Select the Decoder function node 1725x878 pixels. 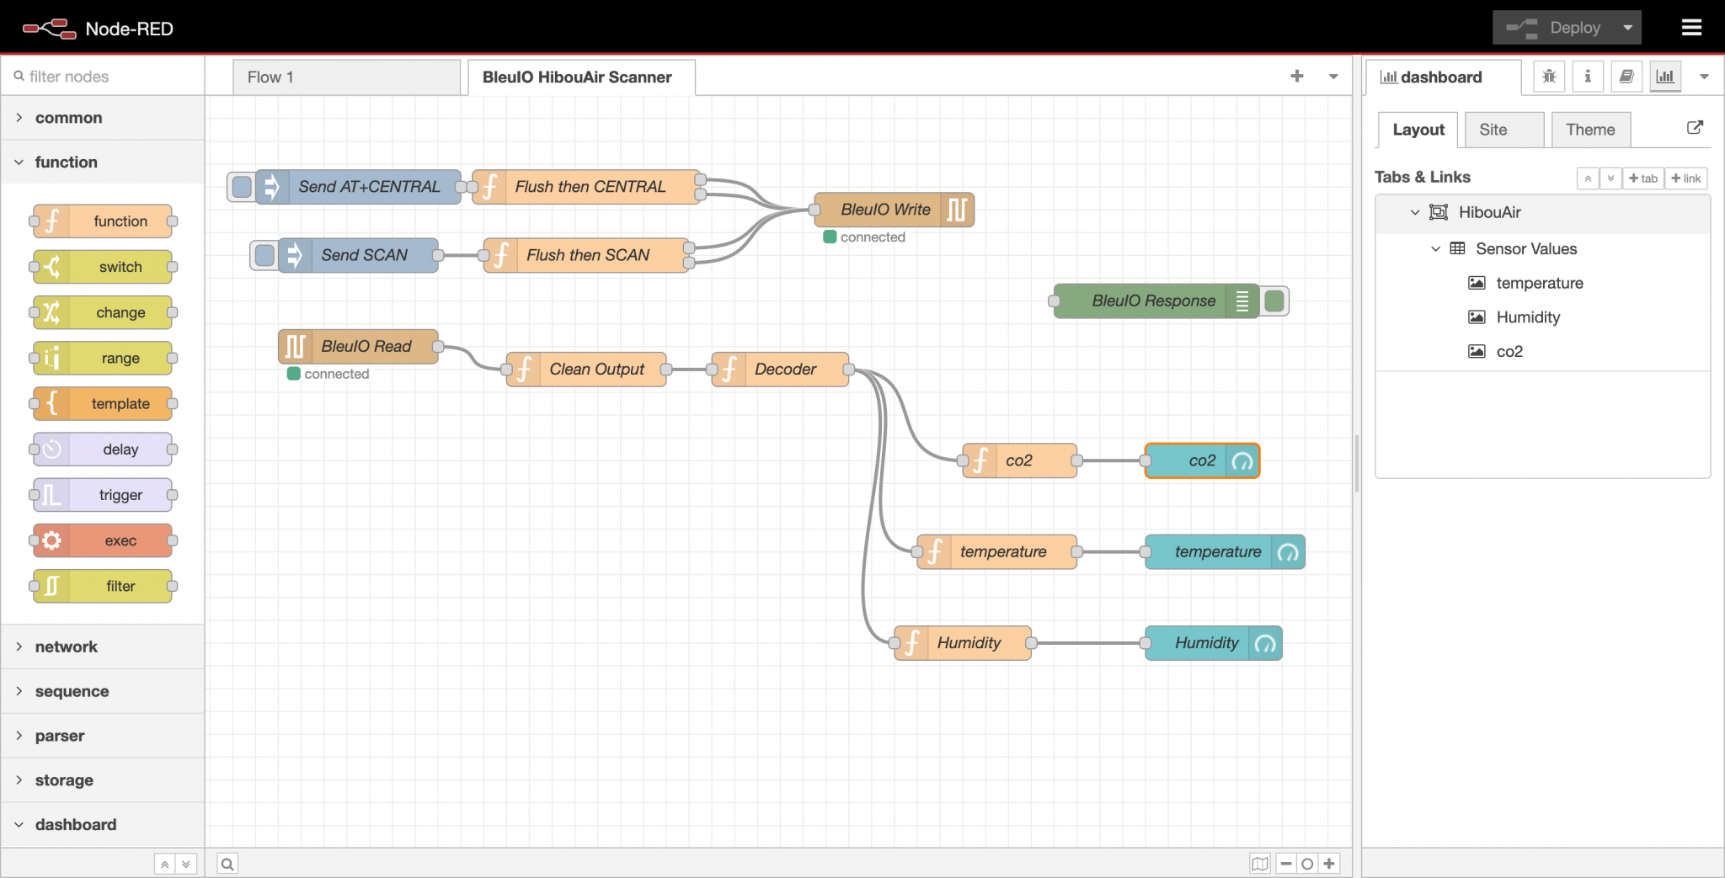tap(784, 370)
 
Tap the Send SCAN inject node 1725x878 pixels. tap(364, 255)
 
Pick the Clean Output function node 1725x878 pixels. tap(596, 370)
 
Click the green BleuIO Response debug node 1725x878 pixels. tap(1153, 301)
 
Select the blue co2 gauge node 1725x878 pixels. tap(1196, 461)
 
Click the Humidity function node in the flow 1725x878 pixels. tap(969, 643)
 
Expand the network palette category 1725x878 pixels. tap(66, 647)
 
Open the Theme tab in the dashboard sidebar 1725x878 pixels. tap(1589, 130)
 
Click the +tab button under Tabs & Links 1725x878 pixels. tap(1642, 178)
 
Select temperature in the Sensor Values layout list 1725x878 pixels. tap(1539, 283)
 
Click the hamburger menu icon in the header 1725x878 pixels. tap(1691, 28)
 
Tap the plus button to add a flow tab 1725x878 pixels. tap(1296, 77)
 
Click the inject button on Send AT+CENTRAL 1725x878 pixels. tap(242, 187)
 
